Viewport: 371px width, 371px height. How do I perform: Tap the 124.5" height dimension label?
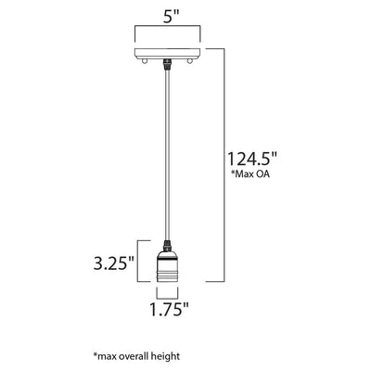click(x=251, y=159)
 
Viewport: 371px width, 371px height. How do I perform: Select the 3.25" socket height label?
click(x=114, y=263)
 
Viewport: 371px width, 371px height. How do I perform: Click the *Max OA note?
click(x=250, y=174)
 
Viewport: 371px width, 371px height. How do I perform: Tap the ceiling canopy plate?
click(x=167, y=53)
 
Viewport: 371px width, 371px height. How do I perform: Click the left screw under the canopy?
click(x=144, y=61)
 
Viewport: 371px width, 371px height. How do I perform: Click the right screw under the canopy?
click(x=189, y=61)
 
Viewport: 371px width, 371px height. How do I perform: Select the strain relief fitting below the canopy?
click(x=167, y=64)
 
